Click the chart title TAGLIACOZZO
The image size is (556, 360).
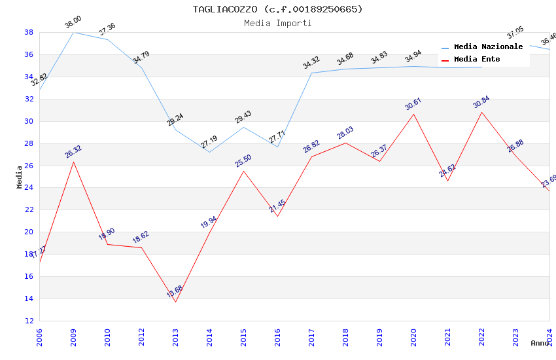coord(277,9)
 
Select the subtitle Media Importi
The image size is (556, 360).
coord(277,23)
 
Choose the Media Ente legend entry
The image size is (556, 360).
coord(477,60)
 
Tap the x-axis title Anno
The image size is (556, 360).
coord(540,343)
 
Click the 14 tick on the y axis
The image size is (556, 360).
coord(29,299)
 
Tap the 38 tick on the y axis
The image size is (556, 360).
coord(29,32)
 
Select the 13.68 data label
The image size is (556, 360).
coord(175,292)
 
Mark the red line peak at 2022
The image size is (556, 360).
coord(481,112)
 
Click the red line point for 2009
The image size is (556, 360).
coord(73,162)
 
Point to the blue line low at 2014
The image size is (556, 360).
coord(209,153)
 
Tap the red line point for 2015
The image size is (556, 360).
coord(243,171)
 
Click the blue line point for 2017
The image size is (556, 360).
coord(311,73)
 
